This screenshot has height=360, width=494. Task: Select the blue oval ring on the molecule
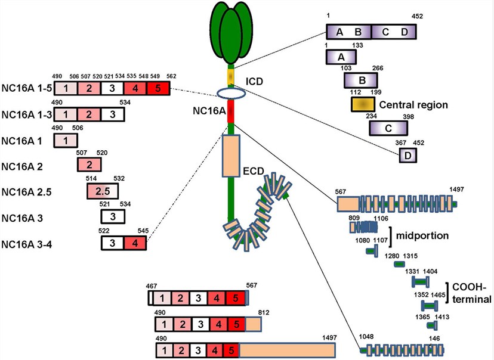click(x=230, y=94)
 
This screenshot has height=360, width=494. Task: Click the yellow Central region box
click(x=362, y=104)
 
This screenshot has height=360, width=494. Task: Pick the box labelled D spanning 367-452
click(x=408, y=155)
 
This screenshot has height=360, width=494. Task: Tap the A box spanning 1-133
click(x=342, y=57)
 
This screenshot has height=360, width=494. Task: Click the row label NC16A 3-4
click(x=26, y=244)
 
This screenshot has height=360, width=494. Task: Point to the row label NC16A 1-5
click(x=26, y=89)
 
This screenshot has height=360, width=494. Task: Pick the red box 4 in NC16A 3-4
click(x=135, y=243)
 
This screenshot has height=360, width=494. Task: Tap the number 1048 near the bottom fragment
click(x=368, y=336)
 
